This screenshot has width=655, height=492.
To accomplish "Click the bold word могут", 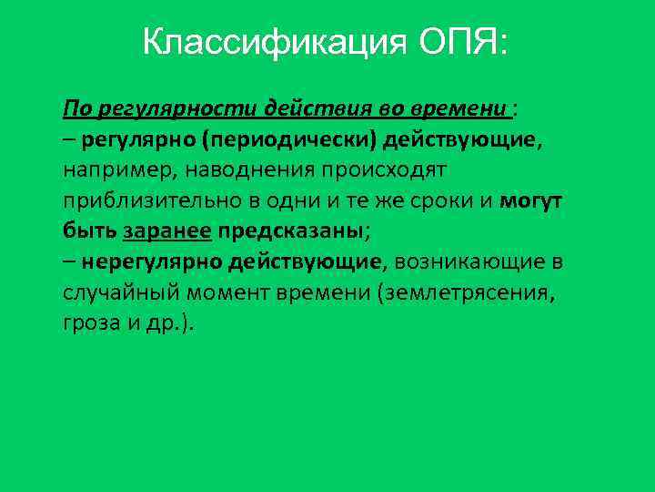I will point(531,200).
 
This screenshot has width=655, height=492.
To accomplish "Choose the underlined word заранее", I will point(166,231).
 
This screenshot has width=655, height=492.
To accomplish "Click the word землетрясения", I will point(465,292).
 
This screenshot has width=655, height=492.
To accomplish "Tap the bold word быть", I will point(89,231).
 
